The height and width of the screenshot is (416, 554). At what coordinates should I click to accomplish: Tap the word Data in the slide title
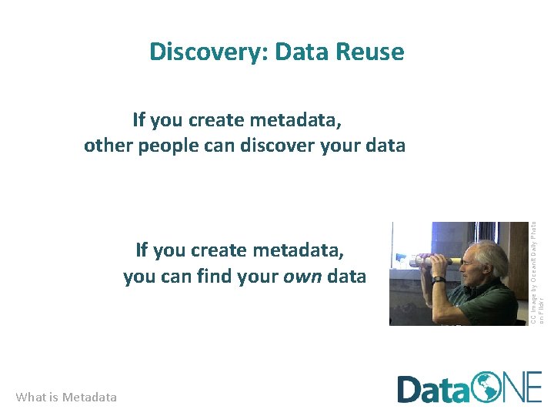[306, 52]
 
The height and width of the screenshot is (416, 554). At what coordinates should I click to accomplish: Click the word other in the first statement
[108, 146]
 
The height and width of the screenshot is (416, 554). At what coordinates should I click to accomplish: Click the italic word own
[303, 276]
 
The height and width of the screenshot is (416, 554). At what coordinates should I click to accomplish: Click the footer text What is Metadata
[66, 398]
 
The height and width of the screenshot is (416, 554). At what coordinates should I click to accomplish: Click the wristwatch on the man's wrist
[438, 280]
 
